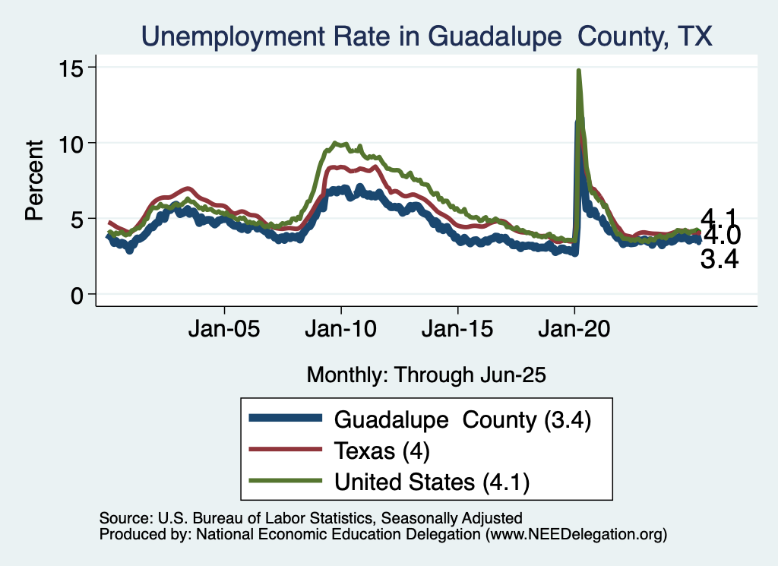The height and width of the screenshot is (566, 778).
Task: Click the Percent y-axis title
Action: tap(33, 180)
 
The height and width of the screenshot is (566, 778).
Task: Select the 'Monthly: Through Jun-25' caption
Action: tap(426, 375)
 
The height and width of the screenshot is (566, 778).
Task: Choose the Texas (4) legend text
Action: tap(382, 451)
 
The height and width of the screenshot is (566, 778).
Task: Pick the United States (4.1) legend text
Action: tap(432, 482)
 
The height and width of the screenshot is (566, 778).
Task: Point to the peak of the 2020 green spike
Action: tap(579, 71)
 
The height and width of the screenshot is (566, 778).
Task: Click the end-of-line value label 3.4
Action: tap(719, 261)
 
